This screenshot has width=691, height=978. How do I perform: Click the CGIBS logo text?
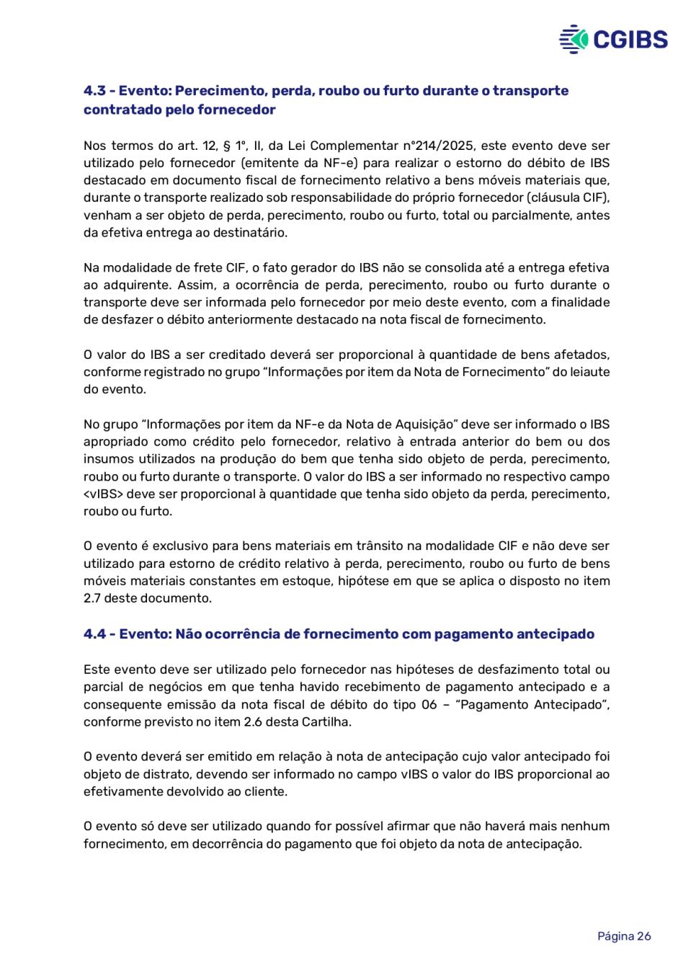click(x=630, y=39)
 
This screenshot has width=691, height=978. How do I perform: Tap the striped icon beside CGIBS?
click(x=574, y=39)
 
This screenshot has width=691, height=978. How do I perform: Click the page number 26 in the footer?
click(x=643, y=936)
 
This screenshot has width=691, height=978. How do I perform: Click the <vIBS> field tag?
click(x=103, y=494)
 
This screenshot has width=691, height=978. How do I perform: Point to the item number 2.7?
click(x=92, y=598)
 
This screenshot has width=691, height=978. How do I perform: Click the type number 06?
click(x=429, y=705)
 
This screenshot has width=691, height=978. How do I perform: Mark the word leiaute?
click(x=589, y=372)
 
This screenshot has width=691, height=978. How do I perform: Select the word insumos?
click(x=108, y=459)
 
